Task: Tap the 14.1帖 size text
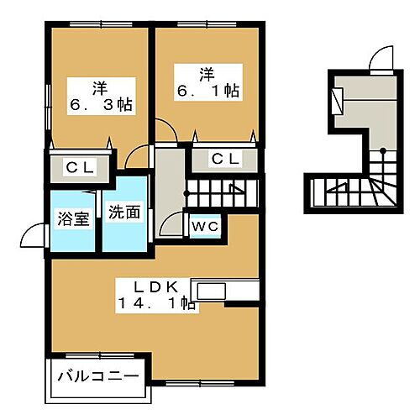point(157,306)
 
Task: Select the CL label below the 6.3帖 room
point(81,168)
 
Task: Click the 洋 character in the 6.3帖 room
point(99,85)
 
